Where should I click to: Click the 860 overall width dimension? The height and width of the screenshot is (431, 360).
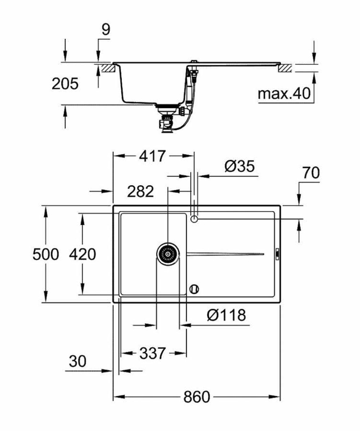click(196, 397)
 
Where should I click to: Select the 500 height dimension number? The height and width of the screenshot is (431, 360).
click(45, 254)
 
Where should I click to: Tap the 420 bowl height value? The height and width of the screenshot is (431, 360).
click(82, 254)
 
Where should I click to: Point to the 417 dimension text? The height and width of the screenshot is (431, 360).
click(152, 156)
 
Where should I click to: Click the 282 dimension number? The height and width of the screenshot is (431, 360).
click(140, 191)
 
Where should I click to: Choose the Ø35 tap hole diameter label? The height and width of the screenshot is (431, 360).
click(239, 167)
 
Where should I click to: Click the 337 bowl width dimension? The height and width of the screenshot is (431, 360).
click(152, 353)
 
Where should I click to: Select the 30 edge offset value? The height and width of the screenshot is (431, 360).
click(78, 362)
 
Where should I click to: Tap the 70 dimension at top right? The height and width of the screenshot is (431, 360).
click(311, 173)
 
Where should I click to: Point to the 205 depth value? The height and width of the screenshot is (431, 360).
click(65, 84)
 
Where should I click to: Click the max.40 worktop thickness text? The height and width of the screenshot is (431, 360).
click(284, 94)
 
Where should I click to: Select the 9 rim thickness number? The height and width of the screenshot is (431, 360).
click(105, 30)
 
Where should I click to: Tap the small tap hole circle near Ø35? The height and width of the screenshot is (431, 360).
click(194, 218)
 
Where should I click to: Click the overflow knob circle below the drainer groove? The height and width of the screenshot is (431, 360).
click(194, 289)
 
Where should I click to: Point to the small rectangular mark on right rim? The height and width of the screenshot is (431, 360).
click(277, 254)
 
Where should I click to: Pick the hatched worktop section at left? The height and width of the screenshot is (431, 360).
click(107, 68)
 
